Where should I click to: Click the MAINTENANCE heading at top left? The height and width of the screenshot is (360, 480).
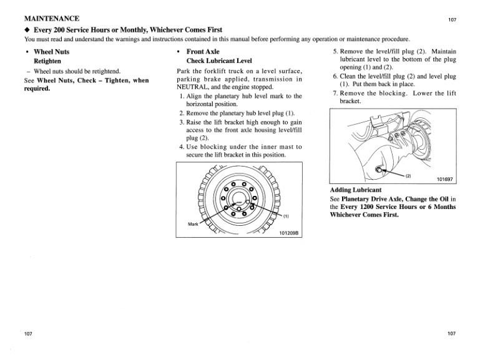(42, 19)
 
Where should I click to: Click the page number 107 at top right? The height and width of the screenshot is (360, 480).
(453, 20)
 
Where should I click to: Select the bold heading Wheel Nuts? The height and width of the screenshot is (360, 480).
(51, 51)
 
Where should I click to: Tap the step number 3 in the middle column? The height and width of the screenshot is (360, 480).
(181, 122)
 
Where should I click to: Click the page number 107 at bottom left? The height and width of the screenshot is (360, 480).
(28, 333)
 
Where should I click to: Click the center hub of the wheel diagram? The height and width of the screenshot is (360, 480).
(238, 202)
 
